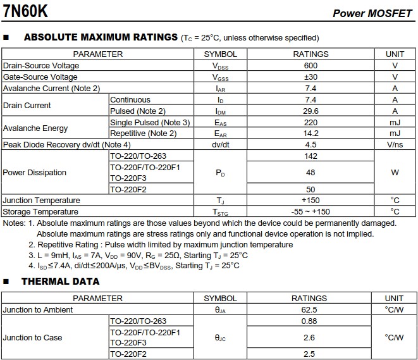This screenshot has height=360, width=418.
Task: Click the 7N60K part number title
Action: [25, 11]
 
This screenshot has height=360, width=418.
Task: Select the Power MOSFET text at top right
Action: [372, 13]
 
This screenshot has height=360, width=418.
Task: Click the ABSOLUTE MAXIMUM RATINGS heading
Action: [101, 37]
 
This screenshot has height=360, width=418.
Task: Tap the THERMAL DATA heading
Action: [61, 282]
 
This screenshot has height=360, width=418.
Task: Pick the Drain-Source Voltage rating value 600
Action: [310, 66]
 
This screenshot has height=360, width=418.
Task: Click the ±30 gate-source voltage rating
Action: [310, 77]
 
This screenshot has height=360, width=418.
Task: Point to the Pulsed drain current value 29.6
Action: [310, 111]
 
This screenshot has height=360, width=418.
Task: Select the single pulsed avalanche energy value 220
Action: [310, 122]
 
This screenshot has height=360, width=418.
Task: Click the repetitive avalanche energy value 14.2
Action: [310, 133]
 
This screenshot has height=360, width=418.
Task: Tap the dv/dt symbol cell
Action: [221, 145]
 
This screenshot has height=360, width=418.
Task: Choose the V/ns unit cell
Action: [395, 145]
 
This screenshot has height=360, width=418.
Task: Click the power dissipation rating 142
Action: [310, 156]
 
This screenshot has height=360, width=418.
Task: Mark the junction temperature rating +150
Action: [310, 201]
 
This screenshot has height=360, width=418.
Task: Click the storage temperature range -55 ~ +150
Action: [310, 212]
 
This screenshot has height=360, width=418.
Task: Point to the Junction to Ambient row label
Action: [38, 310]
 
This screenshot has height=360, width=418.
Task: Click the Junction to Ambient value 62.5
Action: [309, 310]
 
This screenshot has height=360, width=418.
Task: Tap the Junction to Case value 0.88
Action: [309, 321]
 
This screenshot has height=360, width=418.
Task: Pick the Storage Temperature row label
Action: [40, 212]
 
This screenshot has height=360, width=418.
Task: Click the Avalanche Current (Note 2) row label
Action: [52, 89]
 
